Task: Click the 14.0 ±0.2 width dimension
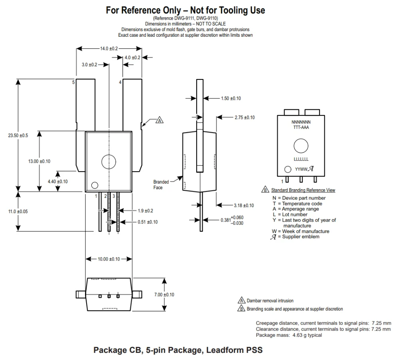coord(109,48)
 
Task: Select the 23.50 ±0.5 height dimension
coord(18,135)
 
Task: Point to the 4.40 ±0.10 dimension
coord(58,181)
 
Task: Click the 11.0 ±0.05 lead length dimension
coord(18,211)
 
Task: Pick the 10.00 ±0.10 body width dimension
coord(109,259)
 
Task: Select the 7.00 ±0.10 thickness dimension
coord(164,295)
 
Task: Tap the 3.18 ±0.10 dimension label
coord(243,205)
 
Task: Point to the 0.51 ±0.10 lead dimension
coord(147,222)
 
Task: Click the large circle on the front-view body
coord(109,161)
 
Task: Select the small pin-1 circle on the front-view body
coord(95,185)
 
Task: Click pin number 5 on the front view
coord(73,82)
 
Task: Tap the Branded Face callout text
coord(161,184)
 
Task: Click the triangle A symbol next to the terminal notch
coord(159,120)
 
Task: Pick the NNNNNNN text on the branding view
coord(301,121)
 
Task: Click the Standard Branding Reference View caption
coord(303,190)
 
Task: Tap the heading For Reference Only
coord(185,10)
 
